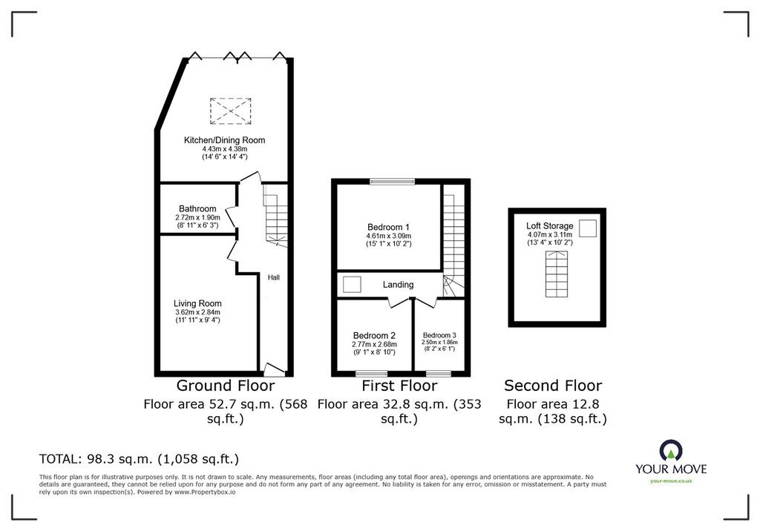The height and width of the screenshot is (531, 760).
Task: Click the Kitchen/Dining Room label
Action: (224, 140)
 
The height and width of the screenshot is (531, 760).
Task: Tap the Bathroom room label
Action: (197, 209)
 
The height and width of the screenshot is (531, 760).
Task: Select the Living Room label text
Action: (197, 303)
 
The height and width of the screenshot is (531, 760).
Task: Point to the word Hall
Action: (274, 277)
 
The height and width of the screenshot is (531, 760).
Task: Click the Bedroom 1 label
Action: (388, 227)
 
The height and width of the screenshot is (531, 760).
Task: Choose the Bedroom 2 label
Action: (374, 335)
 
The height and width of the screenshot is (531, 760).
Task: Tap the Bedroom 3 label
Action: (439, 335)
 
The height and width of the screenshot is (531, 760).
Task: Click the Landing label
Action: (398, 284)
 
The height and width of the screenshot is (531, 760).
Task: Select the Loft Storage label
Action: (550, 225)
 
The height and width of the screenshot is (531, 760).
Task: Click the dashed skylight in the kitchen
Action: (231, 111)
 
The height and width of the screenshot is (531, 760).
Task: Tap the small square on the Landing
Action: (351, 284)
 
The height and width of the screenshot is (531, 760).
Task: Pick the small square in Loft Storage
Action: (588, 228)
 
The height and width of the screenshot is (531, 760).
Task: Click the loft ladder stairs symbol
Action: (557, 274)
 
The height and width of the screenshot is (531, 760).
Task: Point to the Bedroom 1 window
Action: (392, 182)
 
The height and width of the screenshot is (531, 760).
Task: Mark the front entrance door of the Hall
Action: (274, 369)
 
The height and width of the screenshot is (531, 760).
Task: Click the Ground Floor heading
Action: (226, 386)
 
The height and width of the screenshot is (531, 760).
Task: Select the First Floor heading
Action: (399, 386)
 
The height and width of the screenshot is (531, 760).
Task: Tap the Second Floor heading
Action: (553, 386)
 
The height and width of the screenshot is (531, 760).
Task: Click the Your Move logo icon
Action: (671, 450)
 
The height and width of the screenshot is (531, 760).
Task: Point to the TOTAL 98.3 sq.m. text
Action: (139, 459)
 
